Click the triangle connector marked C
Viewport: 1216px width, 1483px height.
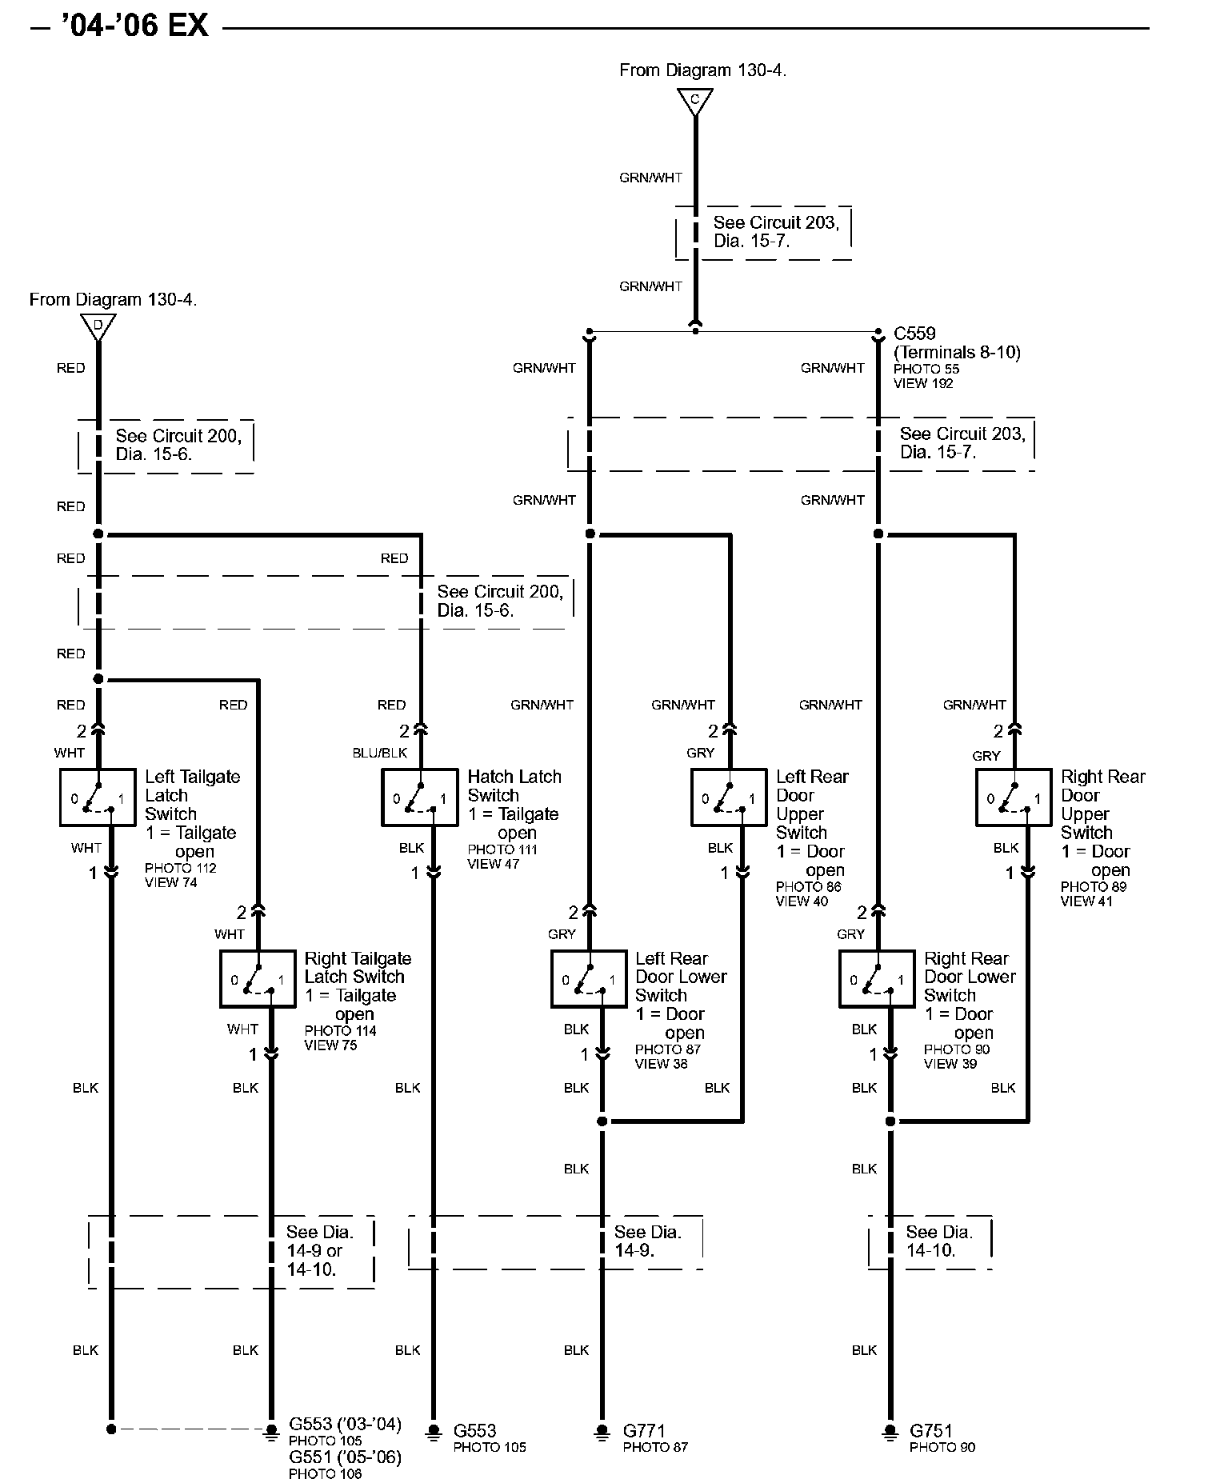click(x=694, y=102)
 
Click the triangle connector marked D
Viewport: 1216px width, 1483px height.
click(x=98, y=326)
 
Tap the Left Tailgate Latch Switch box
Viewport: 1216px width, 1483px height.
click(x=98, y=797)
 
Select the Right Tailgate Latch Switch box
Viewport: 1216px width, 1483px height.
click(x=258, y=978)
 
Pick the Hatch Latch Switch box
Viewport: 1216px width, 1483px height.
click(x=420, y=797)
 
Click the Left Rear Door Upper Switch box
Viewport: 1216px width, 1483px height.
click(x=729, y=797)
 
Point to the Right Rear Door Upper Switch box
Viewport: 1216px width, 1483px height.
click(x=1014, y=797)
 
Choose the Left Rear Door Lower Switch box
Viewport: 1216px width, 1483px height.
click(x=589, y=978)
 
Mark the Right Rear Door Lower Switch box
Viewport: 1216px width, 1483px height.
click(x=877, y=978)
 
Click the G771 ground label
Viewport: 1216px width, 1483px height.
click(x=644, y=1430)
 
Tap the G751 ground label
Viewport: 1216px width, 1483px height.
click(x=932, y=1430)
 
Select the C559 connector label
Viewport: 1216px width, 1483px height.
click(x=914, y=334)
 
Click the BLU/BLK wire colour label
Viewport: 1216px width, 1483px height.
click(x=380, y=753)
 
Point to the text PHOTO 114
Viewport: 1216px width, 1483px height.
click(x=340, y=1031)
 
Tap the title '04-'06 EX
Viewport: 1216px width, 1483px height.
click(x=134, y=27)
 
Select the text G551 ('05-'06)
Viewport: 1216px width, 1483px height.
click(x=345, y=1457)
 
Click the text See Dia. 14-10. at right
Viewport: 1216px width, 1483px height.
click(x=938, y=1241)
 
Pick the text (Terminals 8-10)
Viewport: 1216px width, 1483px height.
click(x=957, y=352)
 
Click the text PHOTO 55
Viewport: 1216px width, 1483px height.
click(x=926, y=369)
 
